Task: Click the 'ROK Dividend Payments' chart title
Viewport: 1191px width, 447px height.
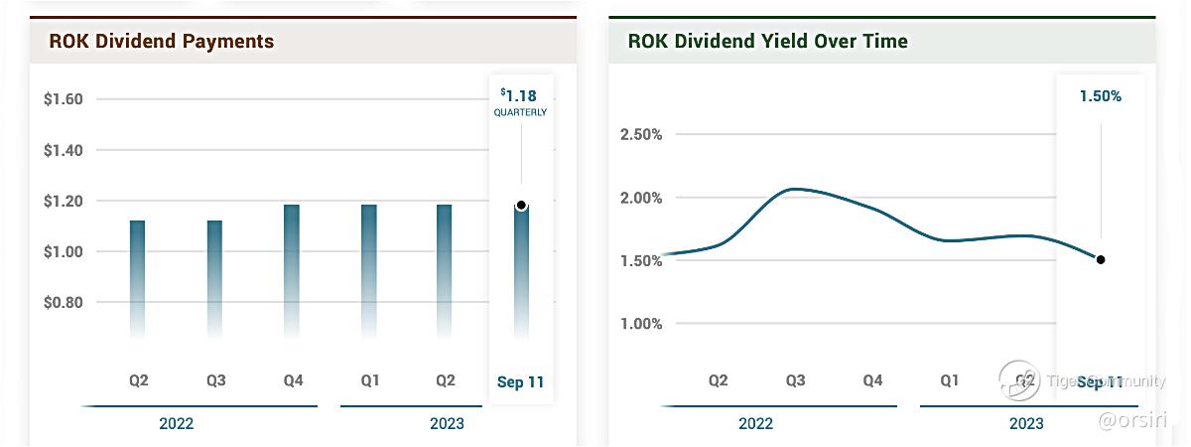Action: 162,42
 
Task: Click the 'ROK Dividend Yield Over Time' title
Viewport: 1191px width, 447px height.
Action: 767,42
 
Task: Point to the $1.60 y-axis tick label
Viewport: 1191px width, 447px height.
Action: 63,99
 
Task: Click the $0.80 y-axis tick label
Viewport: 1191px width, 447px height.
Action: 63,302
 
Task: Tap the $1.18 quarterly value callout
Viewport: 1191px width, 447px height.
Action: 520,96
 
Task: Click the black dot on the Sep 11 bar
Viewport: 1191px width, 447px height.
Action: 521,206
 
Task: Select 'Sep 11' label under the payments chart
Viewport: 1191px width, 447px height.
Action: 520,381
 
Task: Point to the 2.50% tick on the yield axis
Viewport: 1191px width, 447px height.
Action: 640,134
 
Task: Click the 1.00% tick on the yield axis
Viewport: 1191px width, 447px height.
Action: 640,324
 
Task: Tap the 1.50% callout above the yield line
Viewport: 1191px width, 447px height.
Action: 1100,96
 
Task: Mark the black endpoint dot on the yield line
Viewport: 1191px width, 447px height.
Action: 1101,259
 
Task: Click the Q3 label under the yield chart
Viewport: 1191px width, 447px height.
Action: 795,380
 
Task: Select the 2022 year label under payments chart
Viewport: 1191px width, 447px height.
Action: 176,423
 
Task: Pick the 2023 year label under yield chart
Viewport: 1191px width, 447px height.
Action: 1026,423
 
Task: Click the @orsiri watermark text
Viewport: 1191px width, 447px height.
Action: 1139,422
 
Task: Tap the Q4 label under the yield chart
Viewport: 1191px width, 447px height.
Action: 872,380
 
